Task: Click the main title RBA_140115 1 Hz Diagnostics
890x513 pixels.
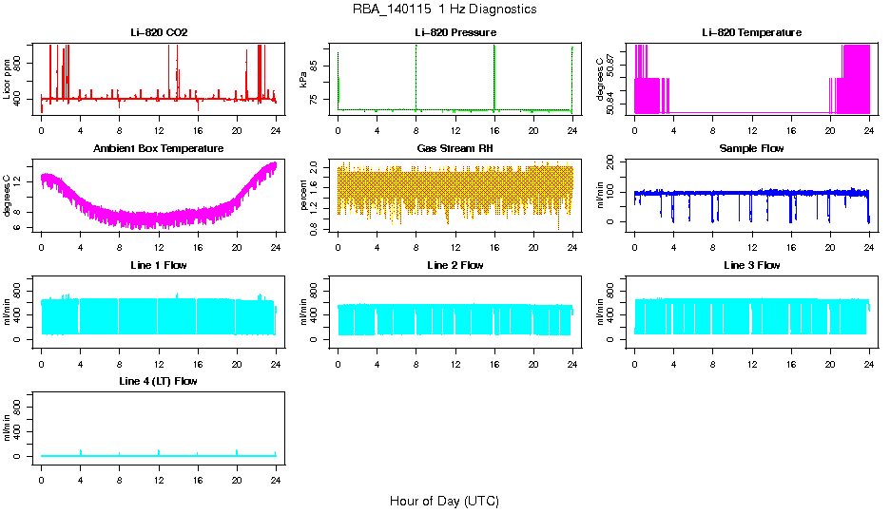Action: (x=444, y=9)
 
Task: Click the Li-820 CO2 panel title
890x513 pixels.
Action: (x=158, y=33)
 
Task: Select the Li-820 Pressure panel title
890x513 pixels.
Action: (x=455, y=33)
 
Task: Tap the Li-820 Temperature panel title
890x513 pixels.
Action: (x=751, y=33)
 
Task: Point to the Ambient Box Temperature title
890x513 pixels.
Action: (x=158, y=149)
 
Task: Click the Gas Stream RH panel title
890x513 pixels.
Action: (x=455, y=149)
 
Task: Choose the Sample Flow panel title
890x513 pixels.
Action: (x=751, y=149)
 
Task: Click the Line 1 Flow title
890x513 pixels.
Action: (x=158, y=265)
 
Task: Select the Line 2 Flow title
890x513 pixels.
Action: (x=455, y=265)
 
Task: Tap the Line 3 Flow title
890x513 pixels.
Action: (x=751, y=265)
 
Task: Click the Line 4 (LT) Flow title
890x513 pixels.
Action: (x=158, y=381)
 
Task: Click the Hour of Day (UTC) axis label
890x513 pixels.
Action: (x=444, y=501)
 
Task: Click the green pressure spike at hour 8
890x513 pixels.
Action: (x=416, y=76)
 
